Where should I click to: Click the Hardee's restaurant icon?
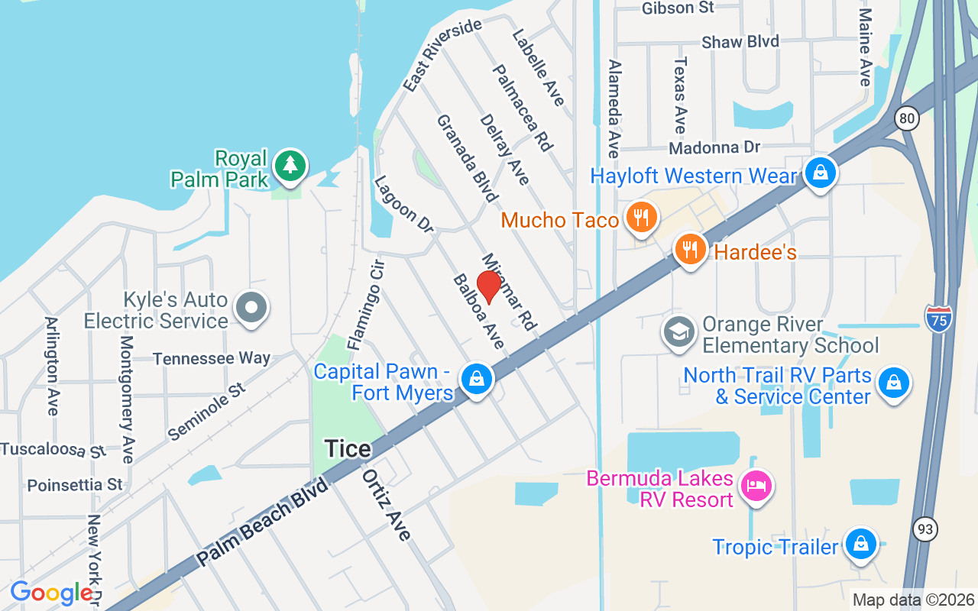point(691,249)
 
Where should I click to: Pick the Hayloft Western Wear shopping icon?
point(820,173)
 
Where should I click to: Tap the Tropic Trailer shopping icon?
point(861,545)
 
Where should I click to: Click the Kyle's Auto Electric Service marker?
point(251,309)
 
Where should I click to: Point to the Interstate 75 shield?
point(937,318)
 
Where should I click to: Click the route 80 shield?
point(907,118)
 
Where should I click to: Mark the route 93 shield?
point(925,529)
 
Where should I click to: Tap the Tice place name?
point(348,449)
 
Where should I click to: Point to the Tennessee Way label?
point(212,358)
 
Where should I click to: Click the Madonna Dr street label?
point(714,147)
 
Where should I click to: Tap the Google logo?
point(51,593)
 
